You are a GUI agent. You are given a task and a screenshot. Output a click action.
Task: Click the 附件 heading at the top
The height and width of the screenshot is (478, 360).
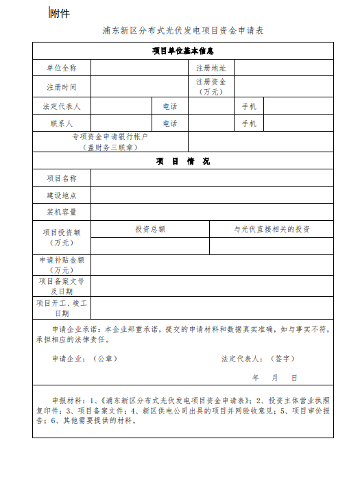60,13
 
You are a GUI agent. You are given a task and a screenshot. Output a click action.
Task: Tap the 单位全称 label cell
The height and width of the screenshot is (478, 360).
62,68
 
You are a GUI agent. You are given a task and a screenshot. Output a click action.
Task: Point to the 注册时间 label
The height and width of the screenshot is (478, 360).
62,87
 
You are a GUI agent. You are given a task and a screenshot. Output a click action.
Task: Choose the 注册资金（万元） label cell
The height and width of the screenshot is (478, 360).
211,86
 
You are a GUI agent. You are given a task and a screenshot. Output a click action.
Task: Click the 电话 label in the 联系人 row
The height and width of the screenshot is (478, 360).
170,123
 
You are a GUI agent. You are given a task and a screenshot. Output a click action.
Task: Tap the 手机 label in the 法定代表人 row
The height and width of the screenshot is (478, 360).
249,106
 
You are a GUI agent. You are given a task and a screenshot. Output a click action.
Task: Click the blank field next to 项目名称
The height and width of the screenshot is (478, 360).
212,178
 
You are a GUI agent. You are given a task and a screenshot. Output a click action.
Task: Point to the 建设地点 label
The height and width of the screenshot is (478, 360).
62,195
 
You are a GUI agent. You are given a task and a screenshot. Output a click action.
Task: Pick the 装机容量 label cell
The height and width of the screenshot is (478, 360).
62,212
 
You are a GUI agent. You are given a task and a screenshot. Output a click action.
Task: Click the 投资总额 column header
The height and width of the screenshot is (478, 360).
150,229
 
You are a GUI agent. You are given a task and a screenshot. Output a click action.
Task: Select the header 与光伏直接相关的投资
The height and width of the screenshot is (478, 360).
272,229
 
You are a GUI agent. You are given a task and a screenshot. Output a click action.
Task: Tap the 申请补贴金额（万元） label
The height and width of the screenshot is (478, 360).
62,265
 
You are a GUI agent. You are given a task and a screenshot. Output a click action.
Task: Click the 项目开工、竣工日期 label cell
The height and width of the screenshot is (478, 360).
62,307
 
